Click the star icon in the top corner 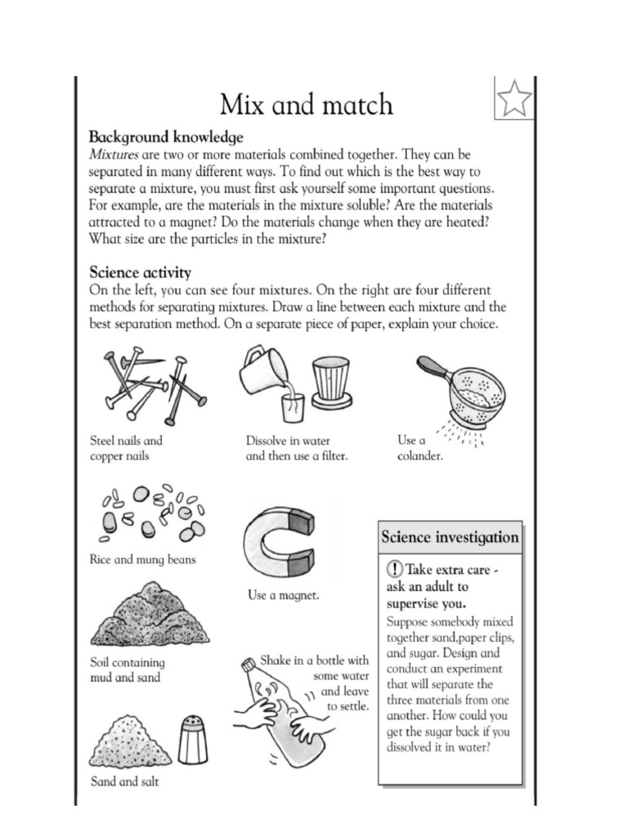[514, 99]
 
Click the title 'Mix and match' [306, 104]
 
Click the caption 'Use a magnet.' [283, 596]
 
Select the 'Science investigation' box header [449, 537]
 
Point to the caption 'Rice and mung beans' [143, 560]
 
